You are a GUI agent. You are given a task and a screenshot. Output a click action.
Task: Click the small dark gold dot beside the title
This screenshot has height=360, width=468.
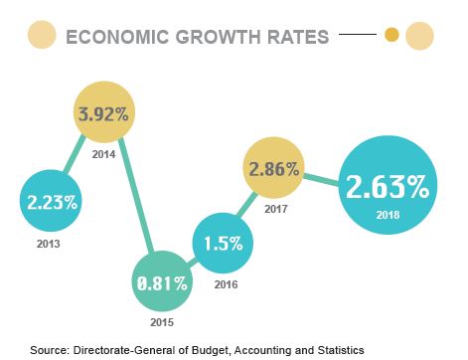pyautogui.click(x=391, y=37)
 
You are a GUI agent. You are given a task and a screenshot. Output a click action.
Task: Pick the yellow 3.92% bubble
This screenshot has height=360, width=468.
pyautogui.click(x=104, y=113)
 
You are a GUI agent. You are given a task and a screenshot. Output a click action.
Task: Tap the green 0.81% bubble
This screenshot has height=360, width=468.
pyautogui.click(x=161, y=283)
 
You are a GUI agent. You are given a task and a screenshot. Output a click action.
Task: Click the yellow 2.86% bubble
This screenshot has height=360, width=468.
pyautogui.click(x=273, y=168)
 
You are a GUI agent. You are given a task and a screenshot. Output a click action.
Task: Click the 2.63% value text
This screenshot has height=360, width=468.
pyautogui.click(x=387, y=186)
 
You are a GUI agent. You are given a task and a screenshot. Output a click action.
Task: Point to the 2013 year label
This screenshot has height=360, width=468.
pyautogui.click(x=48, y=244)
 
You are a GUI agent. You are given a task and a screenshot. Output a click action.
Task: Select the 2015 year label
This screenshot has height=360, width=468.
pyautogui.click(x=163, y=324)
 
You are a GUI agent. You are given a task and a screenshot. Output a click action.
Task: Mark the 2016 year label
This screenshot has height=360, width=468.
pyautogui.click(x=227, y=284)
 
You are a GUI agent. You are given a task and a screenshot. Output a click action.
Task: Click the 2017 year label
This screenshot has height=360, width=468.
pyautogui.click(x=275, y=211)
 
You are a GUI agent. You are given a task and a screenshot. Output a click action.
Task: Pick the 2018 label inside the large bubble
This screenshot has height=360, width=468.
pyautogui.click(x=388, y=214)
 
